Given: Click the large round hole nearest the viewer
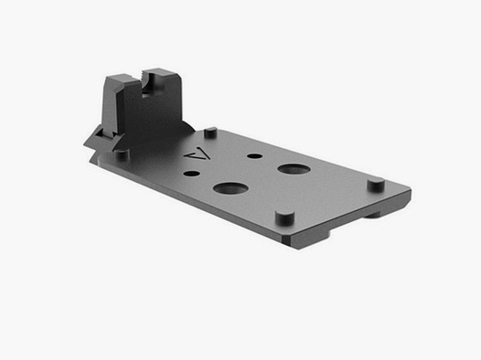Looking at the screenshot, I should pyautogui.click(x=230, y=190).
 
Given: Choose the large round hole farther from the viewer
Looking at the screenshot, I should pyautogui.click(x=293, y=170).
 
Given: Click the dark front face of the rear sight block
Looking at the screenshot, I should pyautogui.click(x=137, y=114).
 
